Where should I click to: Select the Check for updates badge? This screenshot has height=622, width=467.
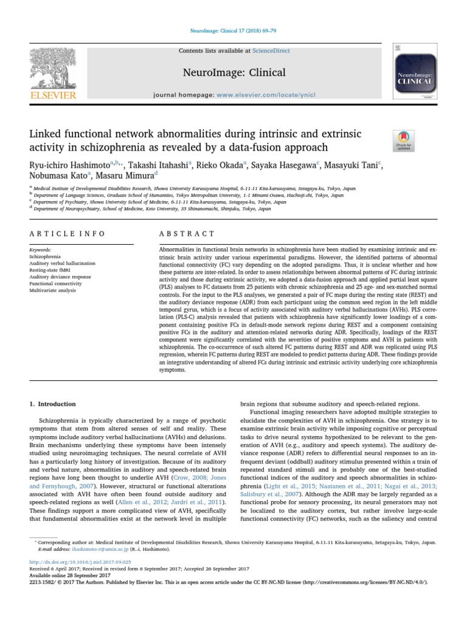click(404, 140)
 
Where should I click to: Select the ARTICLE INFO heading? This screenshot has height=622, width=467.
click(67, 234)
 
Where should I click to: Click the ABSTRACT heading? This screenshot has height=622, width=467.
click(187, 234)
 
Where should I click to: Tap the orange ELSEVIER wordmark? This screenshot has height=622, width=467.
click(54, 95)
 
